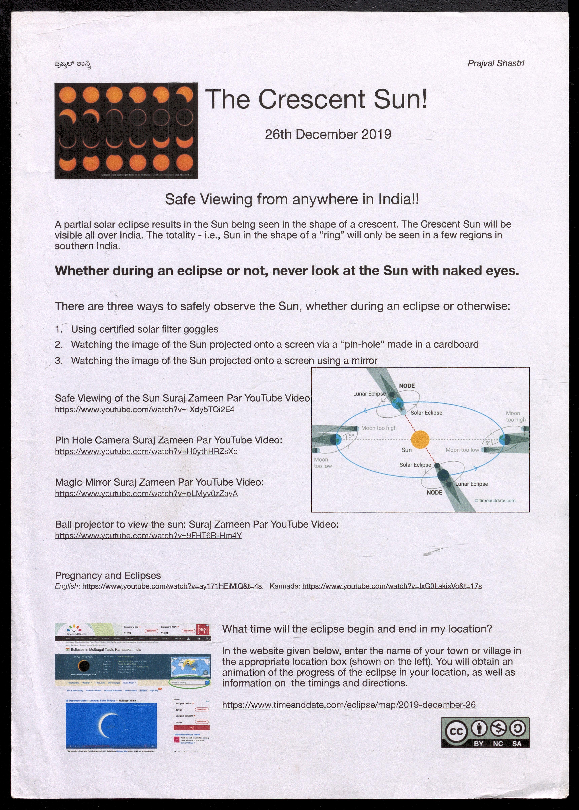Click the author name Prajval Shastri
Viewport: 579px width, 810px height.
(x=496, y=63)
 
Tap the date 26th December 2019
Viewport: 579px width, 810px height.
(x=328, y=135)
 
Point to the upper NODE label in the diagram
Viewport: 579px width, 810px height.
(x=407, y=386)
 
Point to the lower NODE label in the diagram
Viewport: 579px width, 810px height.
(x=434, y=493)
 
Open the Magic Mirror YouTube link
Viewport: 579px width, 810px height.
(x=146, y=494)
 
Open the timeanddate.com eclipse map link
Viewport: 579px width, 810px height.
(x=349, y=705)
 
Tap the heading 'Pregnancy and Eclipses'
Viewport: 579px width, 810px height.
(x=108, y=575)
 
